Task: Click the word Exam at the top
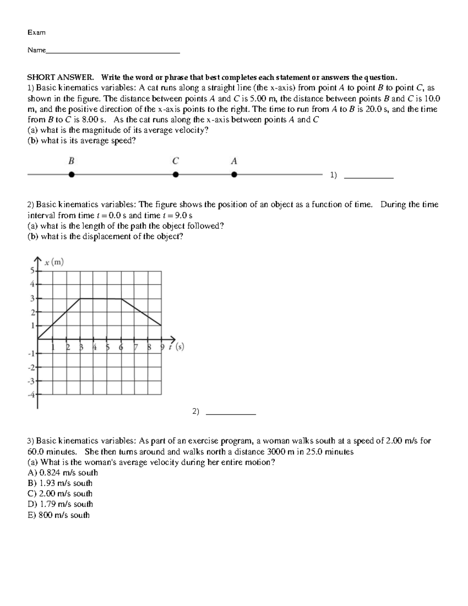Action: coord(36,33)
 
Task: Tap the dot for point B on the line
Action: coord(71,175)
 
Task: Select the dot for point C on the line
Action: coord(176,175)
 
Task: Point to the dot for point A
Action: coord(234,175)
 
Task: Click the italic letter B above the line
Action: coord(71,161)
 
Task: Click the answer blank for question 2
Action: coord(230,413)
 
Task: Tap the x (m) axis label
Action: coord(54,263)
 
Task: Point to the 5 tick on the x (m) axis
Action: coord(33,270)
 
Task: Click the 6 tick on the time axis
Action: coord(121,347)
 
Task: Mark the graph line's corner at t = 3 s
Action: coord(80,299)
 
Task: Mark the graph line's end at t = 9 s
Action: coord(161,325)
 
